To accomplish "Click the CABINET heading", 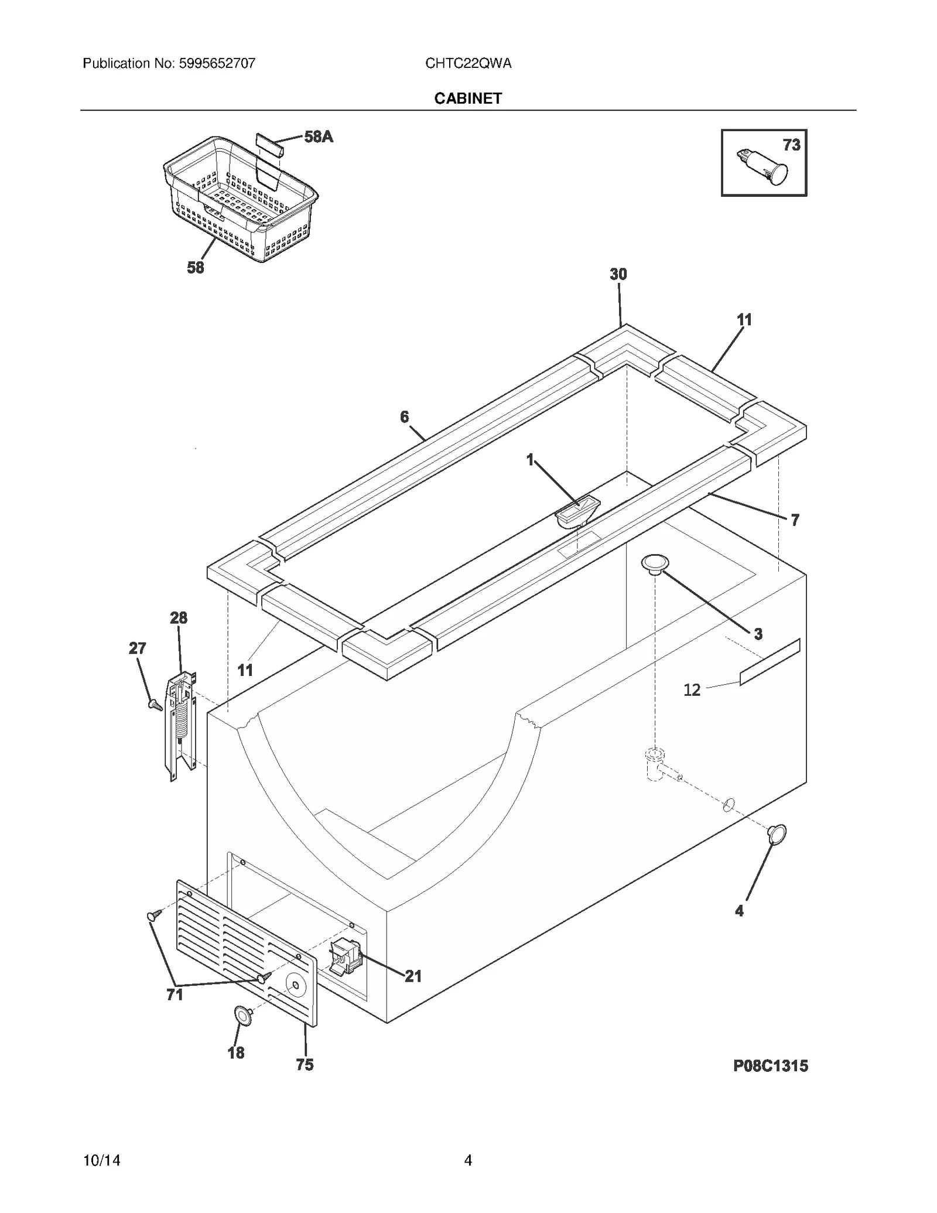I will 467,98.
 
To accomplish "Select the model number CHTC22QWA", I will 468,63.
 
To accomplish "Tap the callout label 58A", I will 318,137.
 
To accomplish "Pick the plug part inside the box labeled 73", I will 762,166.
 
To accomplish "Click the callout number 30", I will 618,274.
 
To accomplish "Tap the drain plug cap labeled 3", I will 655,565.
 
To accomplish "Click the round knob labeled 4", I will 777,834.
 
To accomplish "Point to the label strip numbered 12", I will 770,662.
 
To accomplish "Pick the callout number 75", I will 305,1064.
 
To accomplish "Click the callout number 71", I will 175,995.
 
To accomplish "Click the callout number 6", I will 404,416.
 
